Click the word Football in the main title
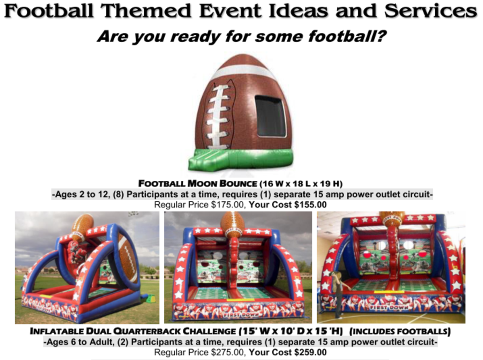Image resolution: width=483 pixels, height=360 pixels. (x=49, y=10)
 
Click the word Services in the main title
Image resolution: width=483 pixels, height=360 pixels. (x=431, y=10)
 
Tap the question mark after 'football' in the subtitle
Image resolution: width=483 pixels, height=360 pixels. (x=380, y=36)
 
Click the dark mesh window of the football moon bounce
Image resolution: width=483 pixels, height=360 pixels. (x=271, y=116)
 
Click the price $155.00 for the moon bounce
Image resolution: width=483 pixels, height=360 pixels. (x=310, y=205)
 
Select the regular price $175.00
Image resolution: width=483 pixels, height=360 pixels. (x=227, y=205)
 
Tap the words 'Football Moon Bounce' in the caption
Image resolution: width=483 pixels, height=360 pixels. (x=198, y=183)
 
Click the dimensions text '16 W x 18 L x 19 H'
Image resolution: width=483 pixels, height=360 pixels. (x=301, y=184)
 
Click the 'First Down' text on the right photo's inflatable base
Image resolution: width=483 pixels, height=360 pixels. (x=389, y=307)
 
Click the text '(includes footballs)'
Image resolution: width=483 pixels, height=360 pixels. (x=400, y=331)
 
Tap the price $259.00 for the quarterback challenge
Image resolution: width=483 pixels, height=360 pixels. (x=310, y=352)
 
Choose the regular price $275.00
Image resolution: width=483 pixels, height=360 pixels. (x=227, y=352)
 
